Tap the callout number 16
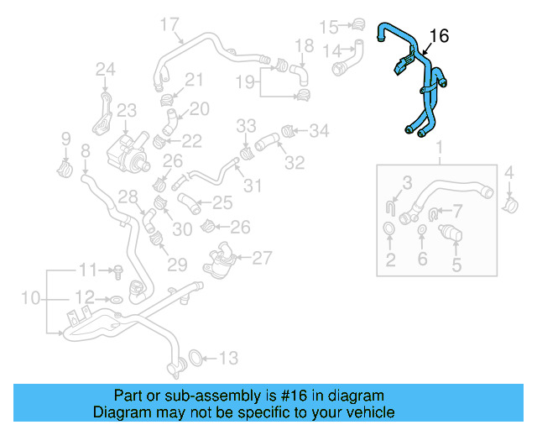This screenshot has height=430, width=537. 439,35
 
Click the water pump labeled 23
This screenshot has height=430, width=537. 124,149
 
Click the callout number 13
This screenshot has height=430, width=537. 228,359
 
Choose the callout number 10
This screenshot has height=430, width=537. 30,298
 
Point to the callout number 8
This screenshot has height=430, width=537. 85,151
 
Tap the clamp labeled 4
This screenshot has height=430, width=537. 509,202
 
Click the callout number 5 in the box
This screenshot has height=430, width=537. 457,265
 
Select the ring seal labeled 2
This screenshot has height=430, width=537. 390,230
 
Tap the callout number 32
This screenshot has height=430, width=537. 294,161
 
